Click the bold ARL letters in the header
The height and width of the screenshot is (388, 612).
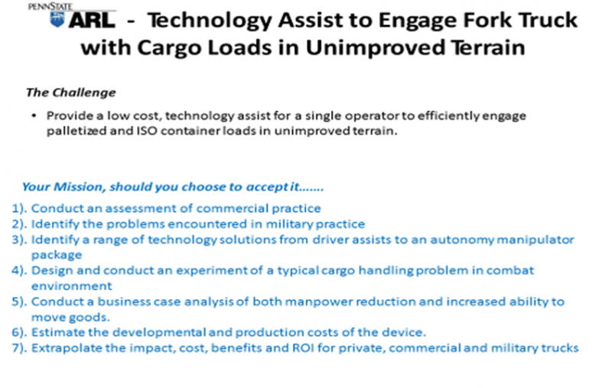click(92, 21)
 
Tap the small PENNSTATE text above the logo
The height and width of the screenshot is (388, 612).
click(50, 7)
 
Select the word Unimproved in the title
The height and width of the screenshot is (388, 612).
click(376, 47)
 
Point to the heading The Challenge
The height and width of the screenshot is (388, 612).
click(71, 92)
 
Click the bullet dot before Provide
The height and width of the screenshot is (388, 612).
click(34, 115)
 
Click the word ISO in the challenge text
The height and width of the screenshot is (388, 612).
click(146, 131)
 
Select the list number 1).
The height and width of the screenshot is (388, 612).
click(19, 209)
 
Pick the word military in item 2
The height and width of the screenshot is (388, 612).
click(289, 225)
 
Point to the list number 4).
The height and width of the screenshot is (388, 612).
click(19, 270)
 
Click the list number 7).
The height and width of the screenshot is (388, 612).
click(19, 348)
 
